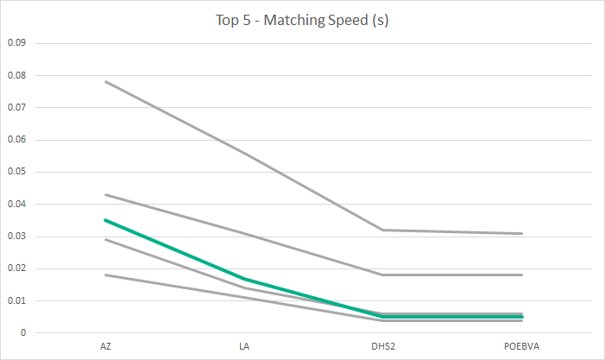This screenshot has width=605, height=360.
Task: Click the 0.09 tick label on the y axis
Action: [17, 42]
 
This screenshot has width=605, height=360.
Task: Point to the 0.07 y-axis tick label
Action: [17, 107]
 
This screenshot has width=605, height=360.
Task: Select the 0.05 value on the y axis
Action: [17, 172]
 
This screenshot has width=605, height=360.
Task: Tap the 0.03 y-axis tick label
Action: [17, 236]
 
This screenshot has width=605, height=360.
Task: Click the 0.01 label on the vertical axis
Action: [17, 300]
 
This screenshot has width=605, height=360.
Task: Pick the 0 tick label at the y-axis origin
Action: [24, 333]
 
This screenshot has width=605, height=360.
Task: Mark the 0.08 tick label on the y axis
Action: [17, 75]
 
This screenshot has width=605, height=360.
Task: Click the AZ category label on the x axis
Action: [105, 346]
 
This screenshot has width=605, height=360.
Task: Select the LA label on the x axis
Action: [244, 346]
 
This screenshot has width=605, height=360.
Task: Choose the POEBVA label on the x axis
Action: [522, 346]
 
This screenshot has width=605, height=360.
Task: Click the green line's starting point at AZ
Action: [105, 220]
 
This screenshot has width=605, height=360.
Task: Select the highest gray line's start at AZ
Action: [105, 81]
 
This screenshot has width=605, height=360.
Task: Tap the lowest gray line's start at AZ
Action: [105, 275]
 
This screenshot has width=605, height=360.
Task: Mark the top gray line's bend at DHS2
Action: [383, 230]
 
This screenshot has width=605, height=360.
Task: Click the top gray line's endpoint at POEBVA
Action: [522, 233]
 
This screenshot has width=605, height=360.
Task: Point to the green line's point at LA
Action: [244, 279]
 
